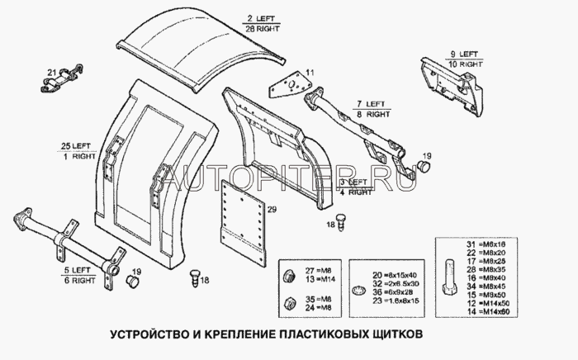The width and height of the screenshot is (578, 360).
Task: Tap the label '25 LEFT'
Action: pos(73,146)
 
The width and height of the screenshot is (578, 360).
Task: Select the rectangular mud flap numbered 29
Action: pos(242,225)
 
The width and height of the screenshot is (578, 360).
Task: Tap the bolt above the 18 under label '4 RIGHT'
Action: pos(340,213)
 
